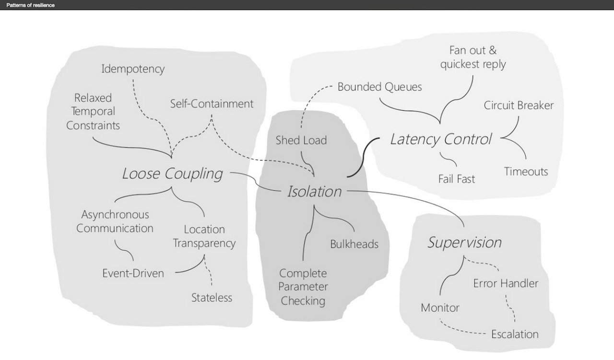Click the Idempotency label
[133, 69]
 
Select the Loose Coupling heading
[173, 174]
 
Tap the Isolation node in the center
[314, 192]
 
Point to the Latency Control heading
[441, 139]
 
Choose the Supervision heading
[464, 242]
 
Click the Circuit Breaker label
[519, 105]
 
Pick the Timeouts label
[526, 172]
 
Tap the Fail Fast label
[457, 179]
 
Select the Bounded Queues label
[379, 87]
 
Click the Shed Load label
[301, 140]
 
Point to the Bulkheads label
[354, 244]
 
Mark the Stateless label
[212, 298]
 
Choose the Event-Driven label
[133, 273]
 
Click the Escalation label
[515, 334]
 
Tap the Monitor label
[440, 308]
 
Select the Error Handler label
[506, 283]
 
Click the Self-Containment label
[212, 104]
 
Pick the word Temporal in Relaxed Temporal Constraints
[93, 112]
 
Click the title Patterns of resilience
[31, 5]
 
